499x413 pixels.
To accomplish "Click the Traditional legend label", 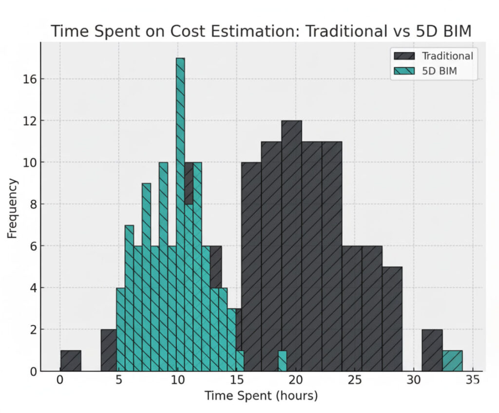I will (x=447, y=56).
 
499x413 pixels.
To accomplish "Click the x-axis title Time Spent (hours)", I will (x=261, y=395).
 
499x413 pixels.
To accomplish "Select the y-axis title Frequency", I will (x=13, y=208).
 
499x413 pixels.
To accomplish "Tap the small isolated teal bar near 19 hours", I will (x=282, y=361).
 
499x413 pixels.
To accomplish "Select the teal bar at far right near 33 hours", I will (x=452, y=361).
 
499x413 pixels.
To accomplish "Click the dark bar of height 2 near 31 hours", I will (x=432, y=351).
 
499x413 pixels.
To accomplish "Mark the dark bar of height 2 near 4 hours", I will (x=108, y=351).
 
